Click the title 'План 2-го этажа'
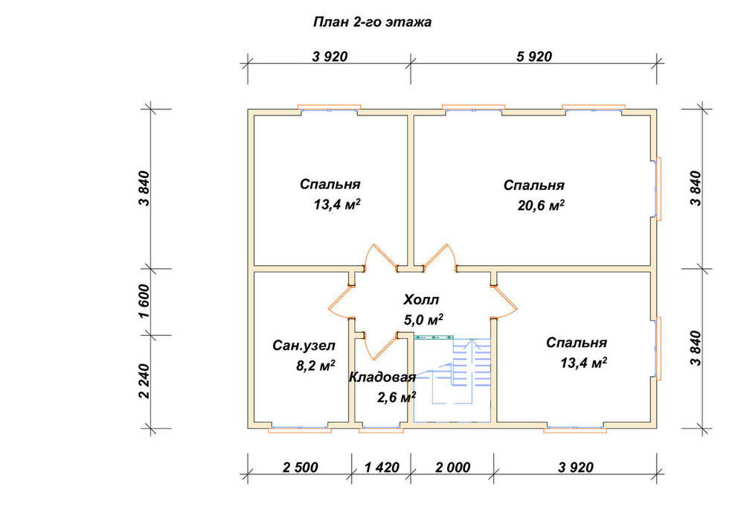[372, 22]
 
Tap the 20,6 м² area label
[541, 206]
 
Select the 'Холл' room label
[421, 299]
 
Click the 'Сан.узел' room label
[304, 345]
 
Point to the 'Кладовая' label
[382, 377]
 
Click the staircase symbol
[452, 380]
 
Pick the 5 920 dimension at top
[534, 57]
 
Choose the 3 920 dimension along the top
[330, 57]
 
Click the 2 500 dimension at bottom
[301, 468]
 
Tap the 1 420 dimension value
[382, 468]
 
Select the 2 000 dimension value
[452, 468]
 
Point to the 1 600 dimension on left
[145, 302]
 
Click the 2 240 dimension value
[145, 381]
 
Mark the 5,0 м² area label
[424, 320]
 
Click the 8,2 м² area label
[315, 366]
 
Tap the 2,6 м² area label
[397, 398]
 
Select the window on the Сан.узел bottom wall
[300, 428]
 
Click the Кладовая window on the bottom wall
[381, 428]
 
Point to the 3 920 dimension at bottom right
[576, 468]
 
